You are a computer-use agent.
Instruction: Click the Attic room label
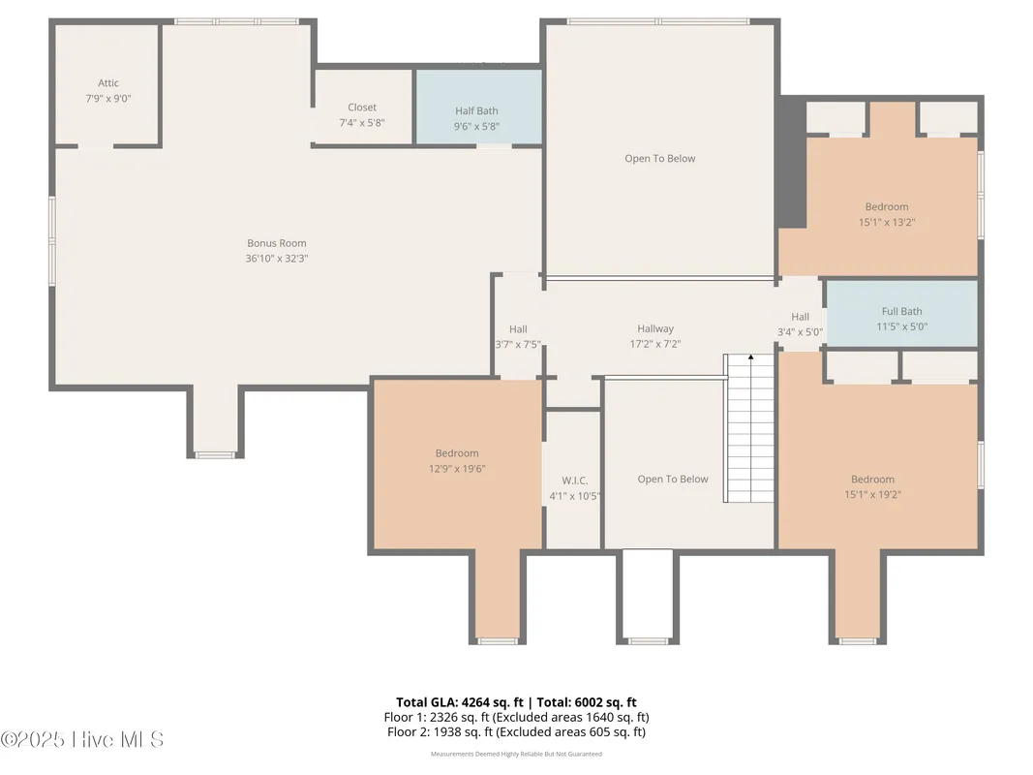pyautogui.click(x=108, y=83)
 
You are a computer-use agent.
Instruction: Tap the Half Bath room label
pyautogui.click(x=476, y=111)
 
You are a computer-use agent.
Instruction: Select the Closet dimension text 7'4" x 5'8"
pyautogui.click(x=362, y=123)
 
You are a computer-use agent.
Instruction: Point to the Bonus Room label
pyautogui.click(x=277, y=243)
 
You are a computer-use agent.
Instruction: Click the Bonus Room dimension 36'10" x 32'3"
pyautogui.click(x=277, y=259)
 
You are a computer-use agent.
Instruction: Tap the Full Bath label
pyautogui.click(x=901, y=311)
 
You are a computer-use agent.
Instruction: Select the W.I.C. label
pyautogui.click(x=575, y=480)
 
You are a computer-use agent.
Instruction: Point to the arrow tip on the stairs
pyautogui.click(x=750, y=357)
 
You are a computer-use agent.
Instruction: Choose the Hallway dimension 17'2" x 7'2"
pyautogui.click(x=655, y=344)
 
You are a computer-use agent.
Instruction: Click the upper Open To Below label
pyautogui.click(x=659, y=159)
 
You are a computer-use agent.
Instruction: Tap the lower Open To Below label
pyautogui.click(x=673, y=480)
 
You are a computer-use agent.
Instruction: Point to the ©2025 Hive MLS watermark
pyautogui.click(x=82, y=740)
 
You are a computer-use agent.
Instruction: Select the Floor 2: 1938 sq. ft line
pyautogui.click(x=516, y=732)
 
